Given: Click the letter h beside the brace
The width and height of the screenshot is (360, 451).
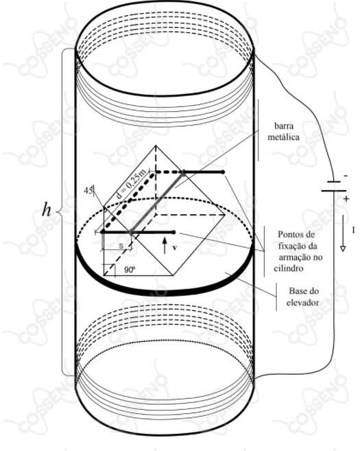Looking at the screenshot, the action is pyautogui.click(x=47, y=209).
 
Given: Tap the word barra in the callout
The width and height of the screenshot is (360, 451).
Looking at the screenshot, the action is pyautogui.click(x=284, y=126).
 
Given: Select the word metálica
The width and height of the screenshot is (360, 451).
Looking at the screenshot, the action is pyautogui.click(x=284, y=137).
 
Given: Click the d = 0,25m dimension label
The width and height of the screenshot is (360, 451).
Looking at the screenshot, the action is pyautogui.click(x=131, y=184).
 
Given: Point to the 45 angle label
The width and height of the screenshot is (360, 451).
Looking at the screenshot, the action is pyautogui.click(x=88, y=190).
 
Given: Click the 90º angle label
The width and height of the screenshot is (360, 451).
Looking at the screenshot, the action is pyautogui.click(x=130, y=270).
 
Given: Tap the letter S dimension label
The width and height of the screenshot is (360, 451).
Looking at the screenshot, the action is pyautogui.click(x=121, y=246).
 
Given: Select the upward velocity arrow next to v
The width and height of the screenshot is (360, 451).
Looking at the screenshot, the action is pyautogui.click(x=165, y=245).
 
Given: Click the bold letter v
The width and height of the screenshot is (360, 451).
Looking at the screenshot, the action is pyautogui.click(x=175, y=247).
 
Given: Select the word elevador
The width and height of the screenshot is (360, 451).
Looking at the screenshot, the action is pyautogui.click(x=302, y=302).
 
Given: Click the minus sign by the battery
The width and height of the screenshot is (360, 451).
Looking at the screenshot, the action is pyautogui.click(x=346, y=176).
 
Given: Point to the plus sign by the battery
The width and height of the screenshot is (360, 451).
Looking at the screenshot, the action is pyautogui.click(x=346, y=198).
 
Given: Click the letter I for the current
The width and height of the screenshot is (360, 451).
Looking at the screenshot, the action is pyautogui.click(x=353, y=230).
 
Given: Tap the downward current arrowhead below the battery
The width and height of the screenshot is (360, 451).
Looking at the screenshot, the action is pyautogui.click(x=342, y=248).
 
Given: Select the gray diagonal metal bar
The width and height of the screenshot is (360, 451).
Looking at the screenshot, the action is pyautogui.click(x=157, y=203).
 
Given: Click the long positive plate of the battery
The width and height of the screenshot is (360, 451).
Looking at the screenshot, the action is pyautogui.click(x=333, y=190).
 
